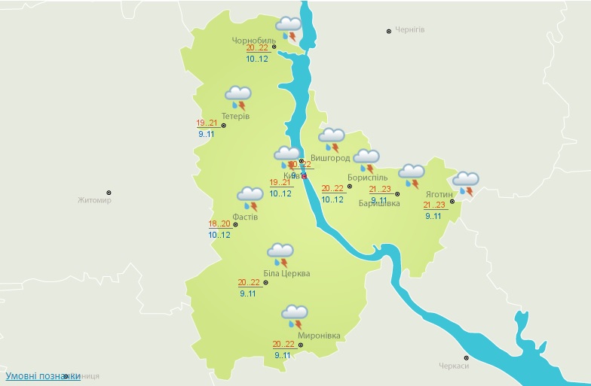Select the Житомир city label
(x=94, y=200)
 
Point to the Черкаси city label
(x=454, y=366)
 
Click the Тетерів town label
(x=236, y=116)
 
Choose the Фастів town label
(x=246, y=217)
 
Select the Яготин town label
(x=438, y=193)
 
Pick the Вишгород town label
(x=330, y=158)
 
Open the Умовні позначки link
(x=43, y=375)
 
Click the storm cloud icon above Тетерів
(x=238, y=97)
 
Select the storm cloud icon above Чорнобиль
(x=289, y=28)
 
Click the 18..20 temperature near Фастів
(x=219, y=223)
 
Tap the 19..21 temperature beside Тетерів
(x=207, y=123)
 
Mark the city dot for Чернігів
(x=389, y=31)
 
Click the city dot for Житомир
(x=109, y=193)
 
